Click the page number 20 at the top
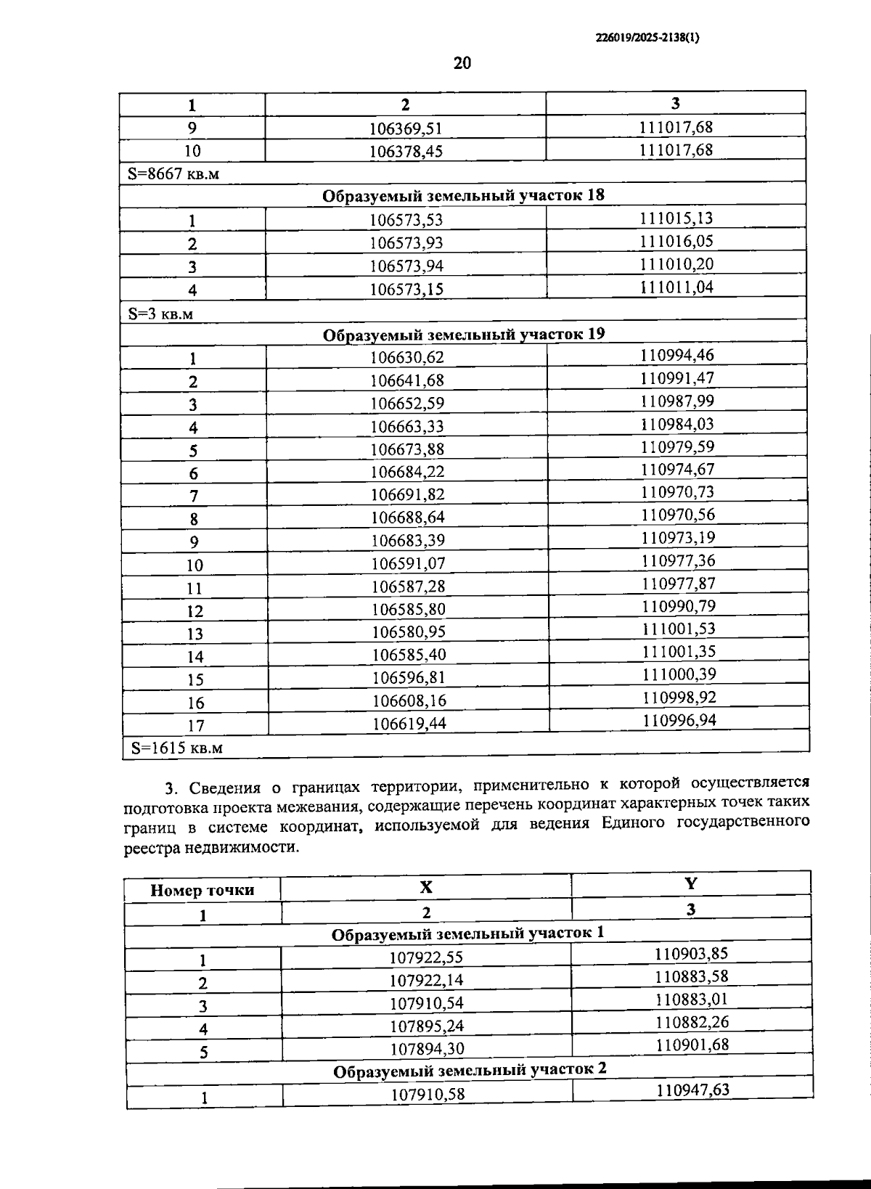pos(462,63)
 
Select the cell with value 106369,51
pos(405,128)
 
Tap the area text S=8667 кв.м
pos(173,174)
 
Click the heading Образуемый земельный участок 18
pos(463,195)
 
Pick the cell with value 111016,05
pos(676,241)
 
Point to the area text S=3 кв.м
pos(160,314)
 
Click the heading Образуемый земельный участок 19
pos(463,334)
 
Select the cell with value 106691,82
pos(407,494)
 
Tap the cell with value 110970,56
pos(677,515)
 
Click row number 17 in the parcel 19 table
pos(195,725)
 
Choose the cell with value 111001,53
pos(678,629)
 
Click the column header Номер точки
pos(202,890)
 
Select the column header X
pos(426,887)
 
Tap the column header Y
pos(690,883)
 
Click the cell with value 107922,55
pos(426,957)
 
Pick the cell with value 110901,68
pos(692,1045)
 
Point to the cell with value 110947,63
pos(692,1090)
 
